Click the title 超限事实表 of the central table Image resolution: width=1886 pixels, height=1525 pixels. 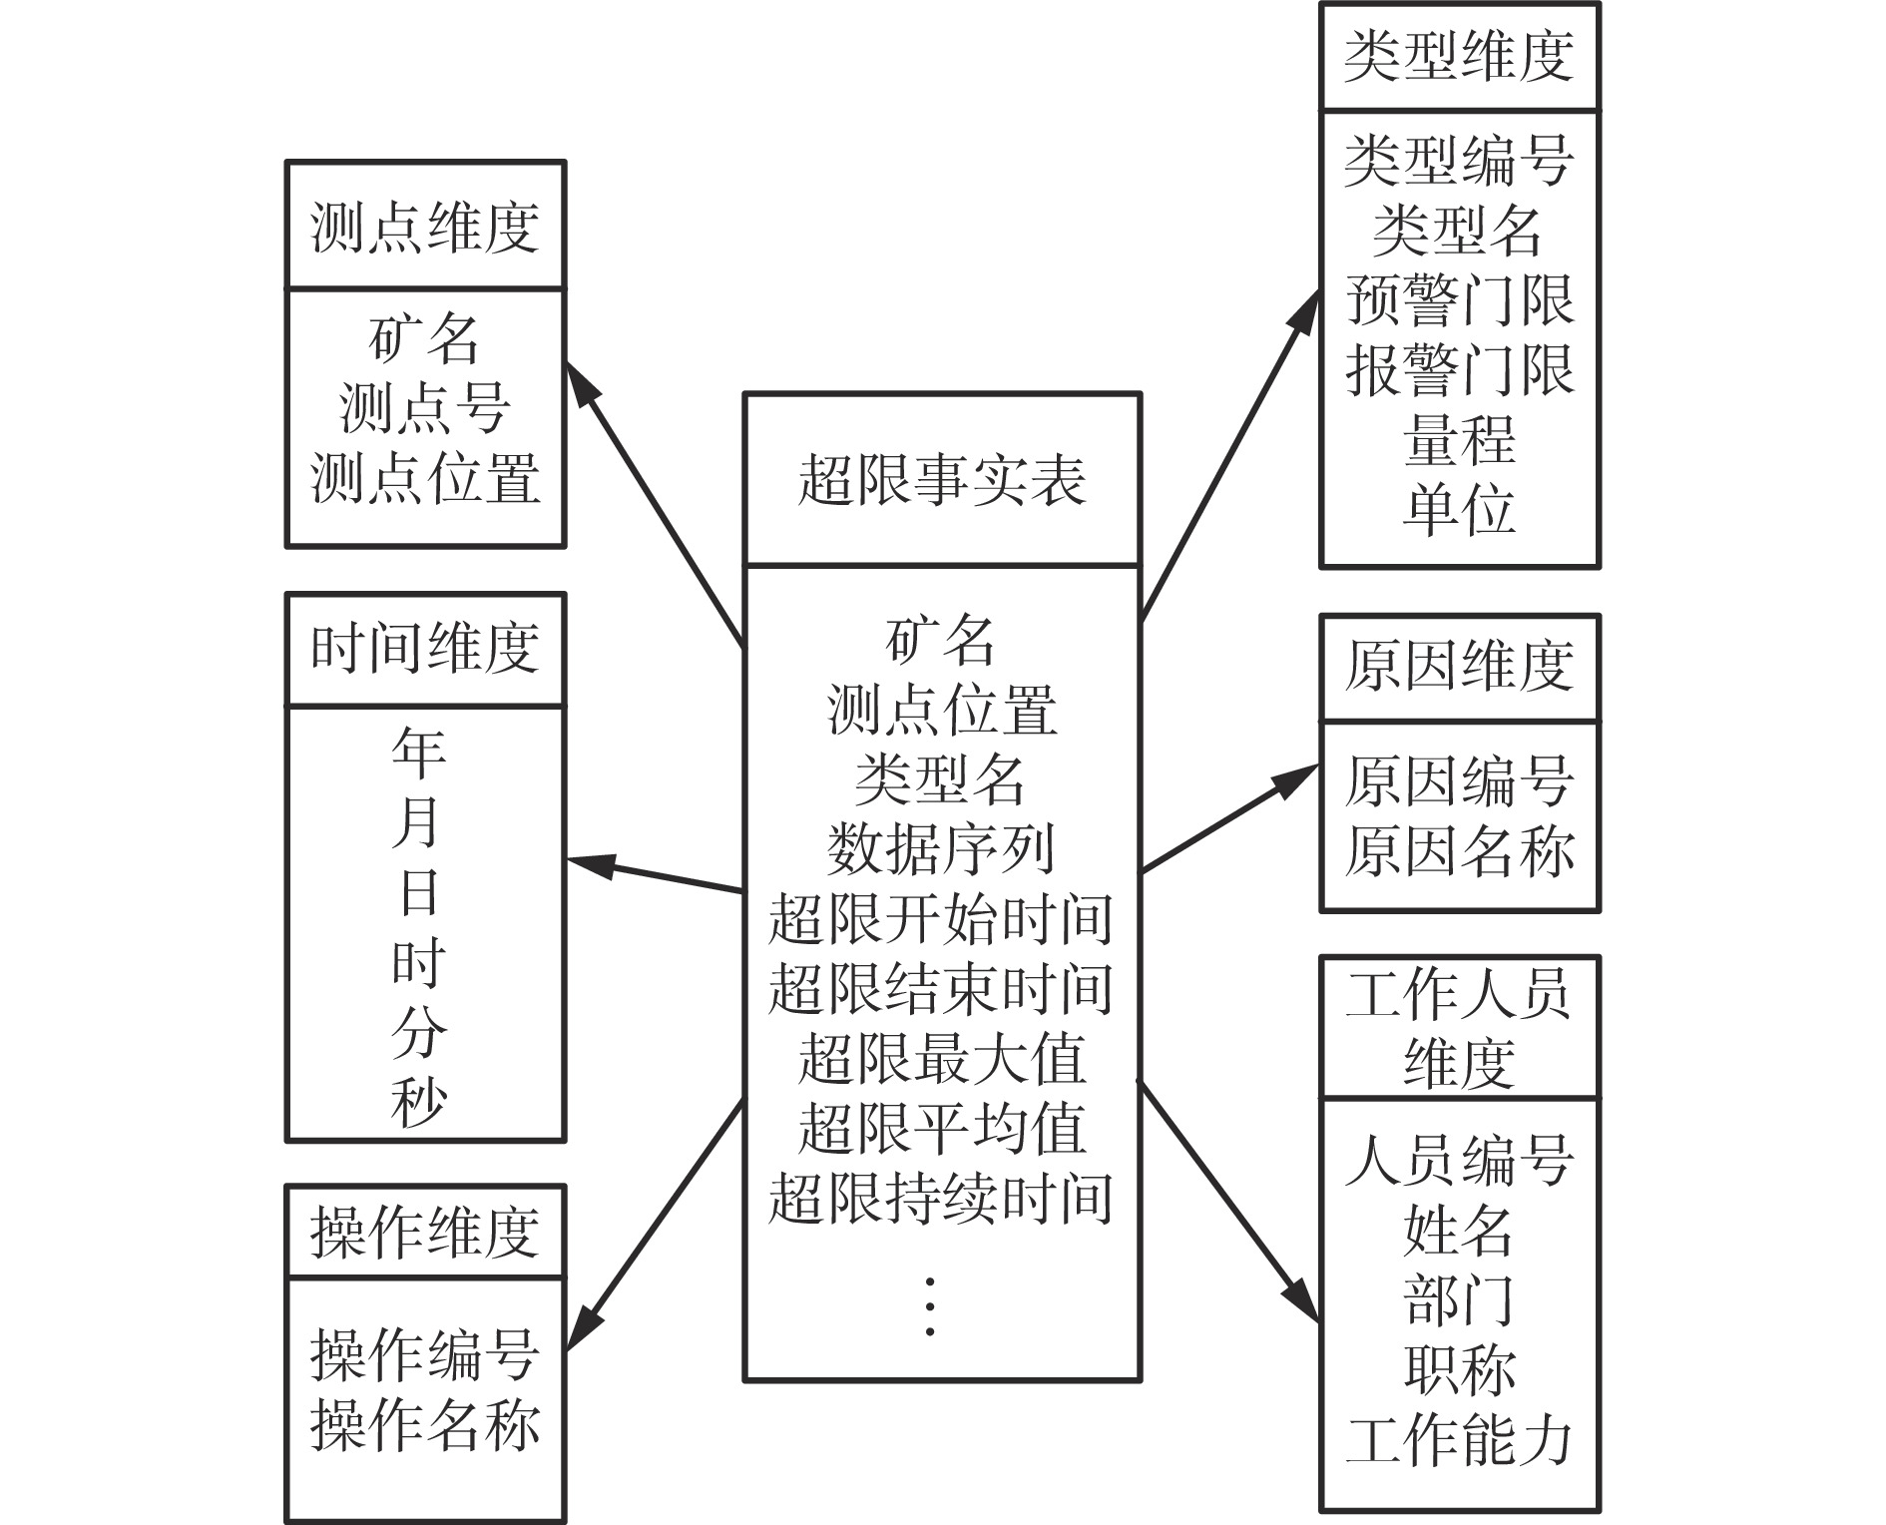point(941,479)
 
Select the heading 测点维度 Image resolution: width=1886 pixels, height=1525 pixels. point(425,227)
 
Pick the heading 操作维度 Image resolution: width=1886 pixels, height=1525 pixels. point(425,1232)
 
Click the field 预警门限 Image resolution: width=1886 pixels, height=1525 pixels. point(1459,299)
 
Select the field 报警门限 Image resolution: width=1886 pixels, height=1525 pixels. point(1459,369)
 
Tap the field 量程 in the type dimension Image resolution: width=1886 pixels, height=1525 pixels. point(1459,439)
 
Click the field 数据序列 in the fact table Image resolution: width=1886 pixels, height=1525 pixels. point(941,848)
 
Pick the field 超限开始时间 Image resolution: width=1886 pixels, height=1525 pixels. point(941,918)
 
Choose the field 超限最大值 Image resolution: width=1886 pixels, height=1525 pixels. point(941,1058)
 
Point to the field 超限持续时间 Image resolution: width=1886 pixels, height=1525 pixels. point(941,1198)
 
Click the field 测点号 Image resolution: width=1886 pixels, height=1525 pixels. point(425,407)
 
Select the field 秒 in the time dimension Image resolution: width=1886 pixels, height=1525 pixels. point(418,1102)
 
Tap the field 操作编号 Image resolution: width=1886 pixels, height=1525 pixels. point(425,1354)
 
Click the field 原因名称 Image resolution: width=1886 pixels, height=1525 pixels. point(1459,850)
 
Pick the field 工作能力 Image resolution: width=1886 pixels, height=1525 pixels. point(1459,1439)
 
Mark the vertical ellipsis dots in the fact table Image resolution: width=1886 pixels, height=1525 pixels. point(930,1305)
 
